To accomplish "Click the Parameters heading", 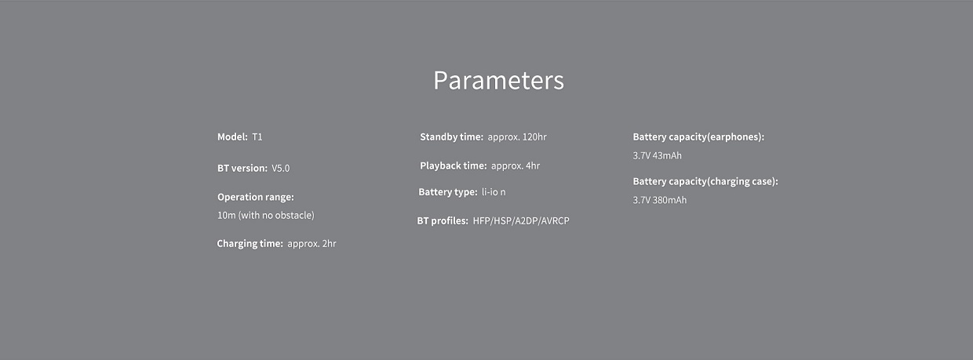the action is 499,81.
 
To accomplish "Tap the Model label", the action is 232,136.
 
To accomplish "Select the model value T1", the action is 257,137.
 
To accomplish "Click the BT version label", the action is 242,168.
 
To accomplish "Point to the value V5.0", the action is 281,168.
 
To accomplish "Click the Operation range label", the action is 256,197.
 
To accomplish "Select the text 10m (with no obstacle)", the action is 266,216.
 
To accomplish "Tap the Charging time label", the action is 250,244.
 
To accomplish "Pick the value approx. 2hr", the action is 312,244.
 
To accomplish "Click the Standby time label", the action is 451,136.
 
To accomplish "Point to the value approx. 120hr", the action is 517,137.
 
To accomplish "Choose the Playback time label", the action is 453,165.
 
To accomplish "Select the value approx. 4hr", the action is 516,166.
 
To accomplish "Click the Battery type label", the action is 448,192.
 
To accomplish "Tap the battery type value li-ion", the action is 494,192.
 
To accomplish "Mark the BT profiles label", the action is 443,220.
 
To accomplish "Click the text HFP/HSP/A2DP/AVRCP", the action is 521,221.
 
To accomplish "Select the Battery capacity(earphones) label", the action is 698,136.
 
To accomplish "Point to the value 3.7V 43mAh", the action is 658,155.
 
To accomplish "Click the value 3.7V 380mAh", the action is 659,200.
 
